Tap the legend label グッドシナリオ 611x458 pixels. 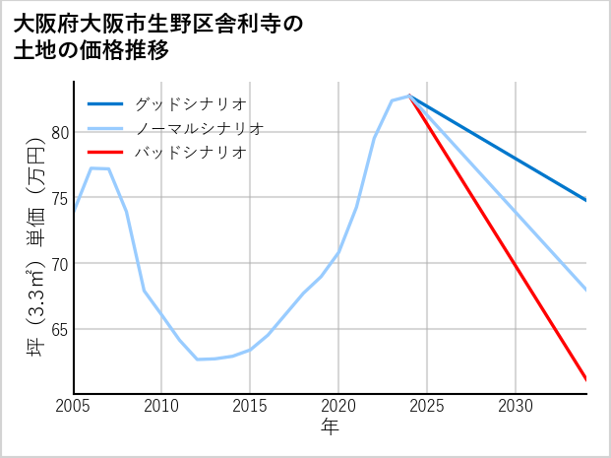(x=190, y=103)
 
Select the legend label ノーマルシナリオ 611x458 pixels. (x=199, y=128)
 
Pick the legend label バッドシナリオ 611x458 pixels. (x=190, y=153)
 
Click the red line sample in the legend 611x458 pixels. (x=105, y=153)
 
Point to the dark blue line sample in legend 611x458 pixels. (x=105, y=103)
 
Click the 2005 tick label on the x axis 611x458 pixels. (x=74, y=406)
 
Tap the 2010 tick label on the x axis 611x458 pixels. (x=162, y=406)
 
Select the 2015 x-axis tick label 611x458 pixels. (x=251, y=406)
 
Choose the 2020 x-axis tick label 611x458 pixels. (x=338, y=406)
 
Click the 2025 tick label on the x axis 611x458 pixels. (x=427, y=406)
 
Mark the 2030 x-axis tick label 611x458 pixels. (x=516, y=406)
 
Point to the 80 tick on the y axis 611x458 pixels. (x=60, y=132)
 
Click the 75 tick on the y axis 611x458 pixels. (x=60, y=198)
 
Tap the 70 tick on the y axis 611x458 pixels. (x=60, y=264)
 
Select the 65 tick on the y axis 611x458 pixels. (x=60, y=329)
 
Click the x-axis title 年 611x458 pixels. (x=330, y=427)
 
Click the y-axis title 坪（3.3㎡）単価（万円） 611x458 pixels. (x=35, y=247)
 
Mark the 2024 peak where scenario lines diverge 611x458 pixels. (x=409, y=96)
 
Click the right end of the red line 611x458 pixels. (x=586, y=379)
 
